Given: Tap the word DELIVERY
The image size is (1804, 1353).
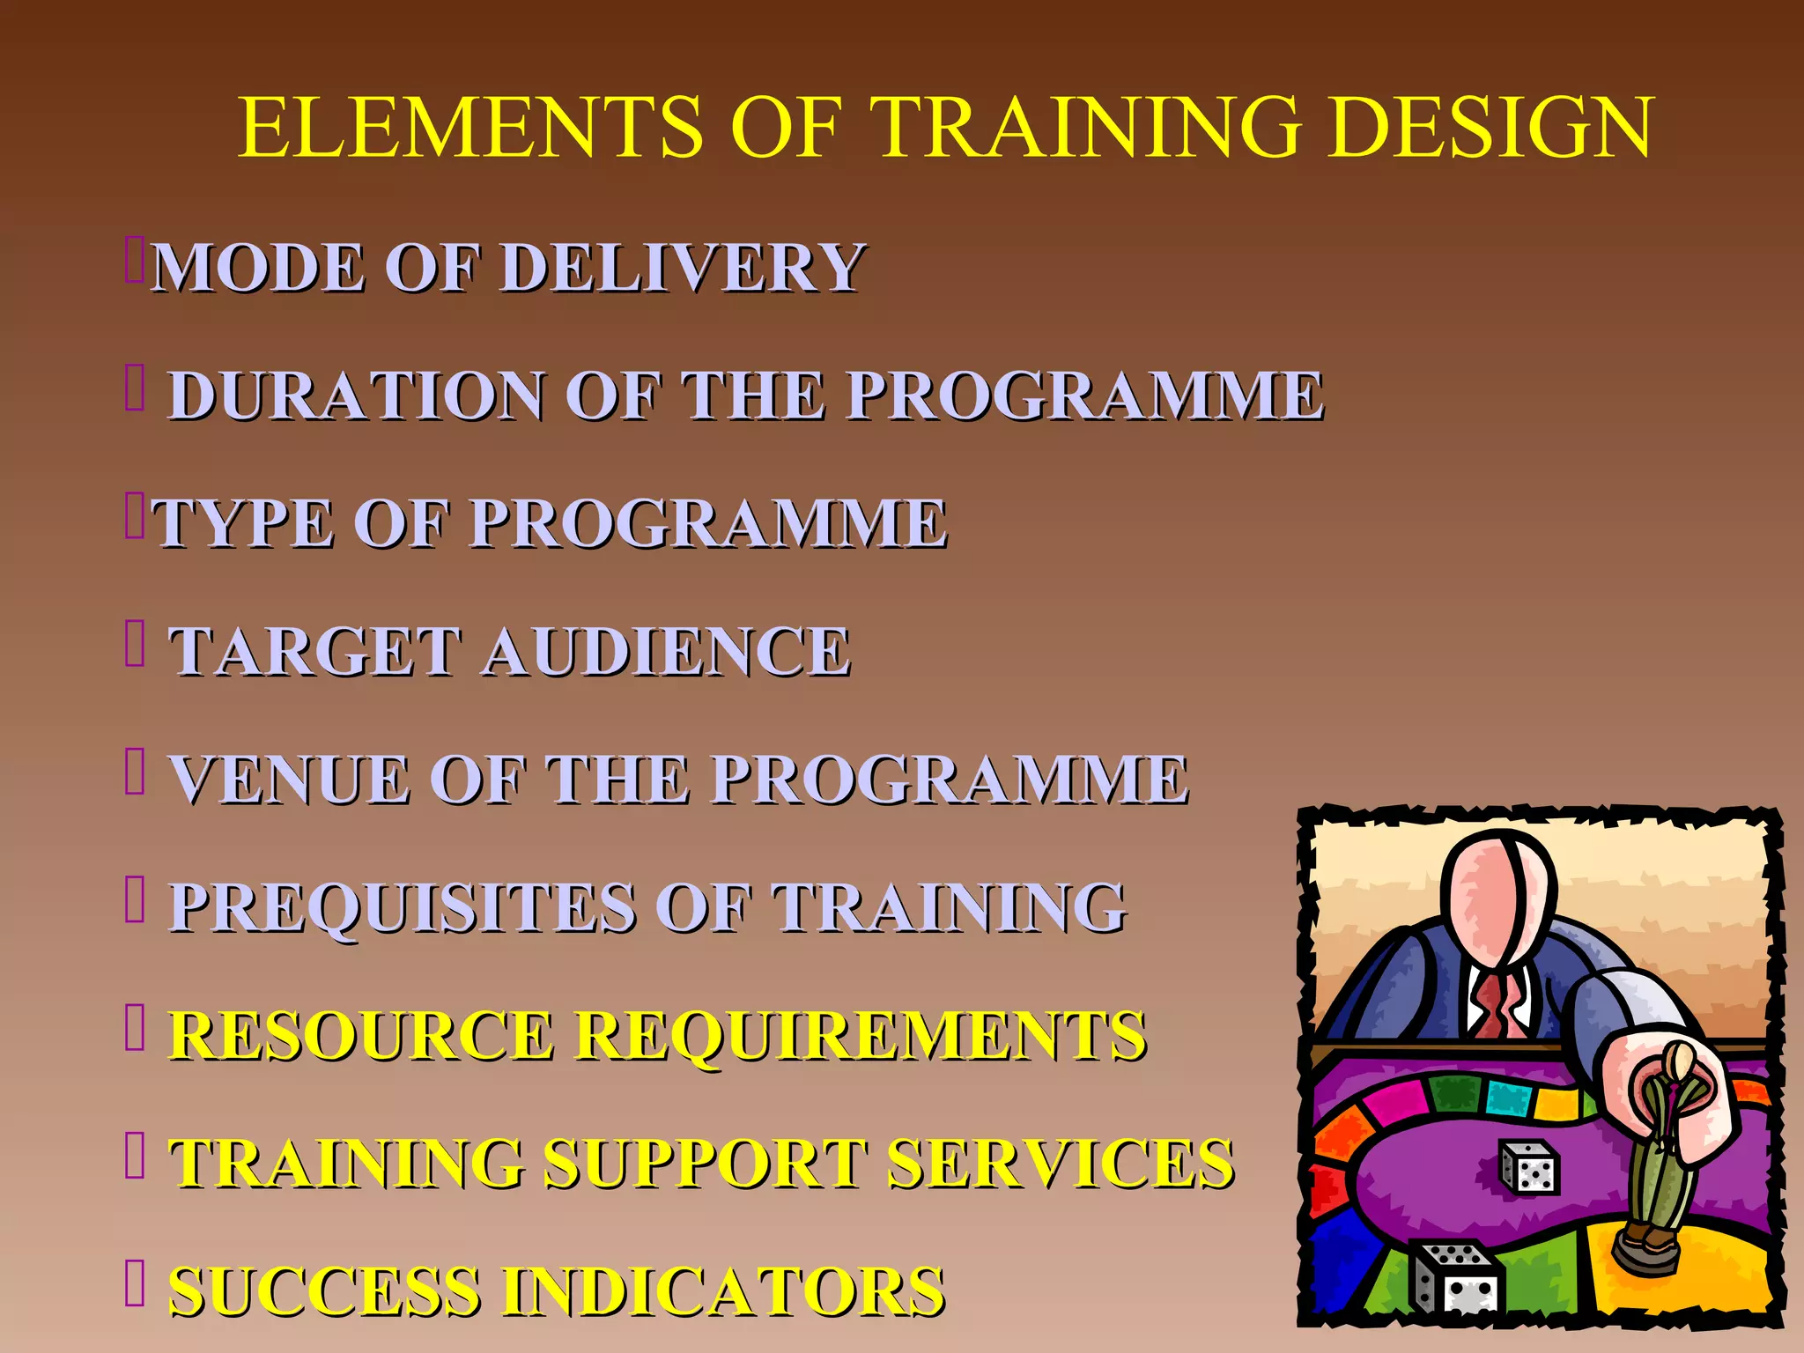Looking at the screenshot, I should coord(684,267).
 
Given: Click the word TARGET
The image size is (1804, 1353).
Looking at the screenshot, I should coord(315,652).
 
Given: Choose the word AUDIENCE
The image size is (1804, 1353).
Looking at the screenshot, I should coord(666,652).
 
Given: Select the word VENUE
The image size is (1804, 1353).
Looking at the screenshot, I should coord(291,780).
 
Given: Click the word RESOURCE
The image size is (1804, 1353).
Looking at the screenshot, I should coord(361,1035).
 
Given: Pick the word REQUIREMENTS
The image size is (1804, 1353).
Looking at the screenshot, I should coord(861,1035).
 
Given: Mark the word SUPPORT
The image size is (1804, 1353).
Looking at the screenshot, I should coord(703,1164).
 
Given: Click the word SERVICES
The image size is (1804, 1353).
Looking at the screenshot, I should coord(1061,1164).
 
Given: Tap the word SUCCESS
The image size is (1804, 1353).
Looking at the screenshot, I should coord(322,1291).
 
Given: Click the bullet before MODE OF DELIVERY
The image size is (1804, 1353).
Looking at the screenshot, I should coord(134,261).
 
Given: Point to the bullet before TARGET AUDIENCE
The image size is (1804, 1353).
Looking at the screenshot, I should coord(134,644).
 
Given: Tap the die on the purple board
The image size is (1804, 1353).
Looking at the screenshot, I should coord(1530,1168).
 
